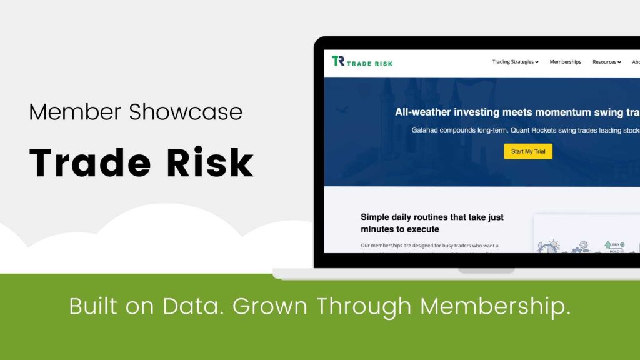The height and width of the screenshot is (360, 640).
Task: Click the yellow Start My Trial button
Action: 528,151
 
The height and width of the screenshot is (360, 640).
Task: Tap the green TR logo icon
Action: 338,61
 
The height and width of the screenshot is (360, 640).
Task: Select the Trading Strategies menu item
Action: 515,62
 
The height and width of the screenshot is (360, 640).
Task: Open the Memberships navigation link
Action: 565,62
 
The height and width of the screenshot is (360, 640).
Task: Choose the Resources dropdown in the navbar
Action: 606,62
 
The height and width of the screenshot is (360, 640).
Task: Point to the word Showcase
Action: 186,112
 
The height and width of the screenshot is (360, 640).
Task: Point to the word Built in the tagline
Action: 93,306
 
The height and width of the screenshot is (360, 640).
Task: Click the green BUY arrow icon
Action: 608,244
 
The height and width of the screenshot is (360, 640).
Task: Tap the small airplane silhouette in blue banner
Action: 341,110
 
